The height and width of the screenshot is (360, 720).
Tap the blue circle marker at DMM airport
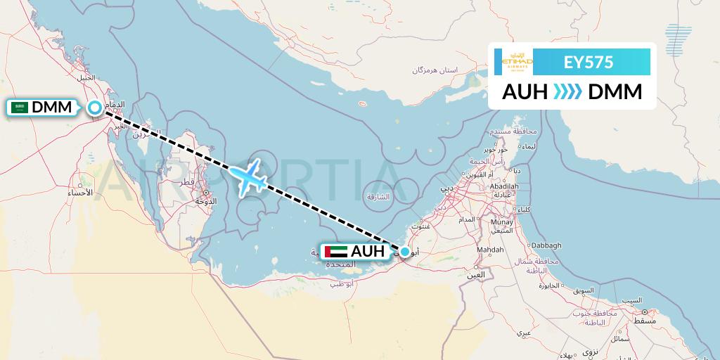(95, 108)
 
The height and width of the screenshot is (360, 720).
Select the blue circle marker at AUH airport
(405, 252)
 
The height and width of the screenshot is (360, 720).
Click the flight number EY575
(589, 63)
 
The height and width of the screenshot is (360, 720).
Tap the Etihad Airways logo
(517, 62)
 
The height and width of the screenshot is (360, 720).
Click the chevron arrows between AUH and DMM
(567, 92)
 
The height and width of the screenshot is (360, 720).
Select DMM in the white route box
(615, 92)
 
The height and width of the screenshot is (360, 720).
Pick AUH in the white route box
(525, 92)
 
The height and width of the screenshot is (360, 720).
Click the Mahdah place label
(490, 250)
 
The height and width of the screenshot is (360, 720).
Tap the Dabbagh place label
(546, 245)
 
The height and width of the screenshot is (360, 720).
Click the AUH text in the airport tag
(368, 251)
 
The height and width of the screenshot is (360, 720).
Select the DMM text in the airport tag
(52, 108)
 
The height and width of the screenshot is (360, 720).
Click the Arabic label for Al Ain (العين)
(476, 274)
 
